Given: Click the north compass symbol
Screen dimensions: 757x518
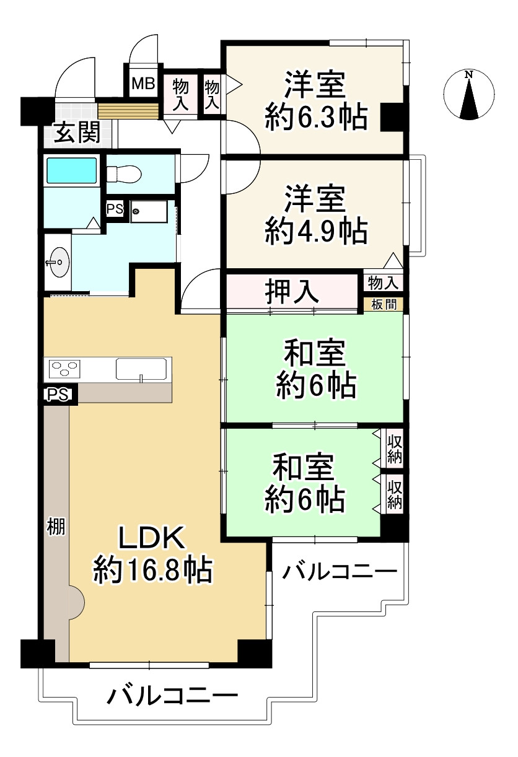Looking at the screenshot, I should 469,96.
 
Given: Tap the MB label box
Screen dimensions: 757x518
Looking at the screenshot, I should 143,84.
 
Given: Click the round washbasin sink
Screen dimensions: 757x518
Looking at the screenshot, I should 58,263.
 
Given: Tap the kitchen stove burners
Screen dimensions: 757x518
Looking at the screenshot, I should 64,370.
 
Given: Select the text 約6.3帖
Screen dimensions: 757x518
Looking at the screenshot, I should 316,116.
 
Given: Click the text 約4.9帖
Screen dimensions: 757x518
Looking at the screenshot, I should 316,231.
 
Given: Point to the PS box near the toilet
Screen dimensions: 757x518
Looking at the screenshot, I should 115,209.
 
